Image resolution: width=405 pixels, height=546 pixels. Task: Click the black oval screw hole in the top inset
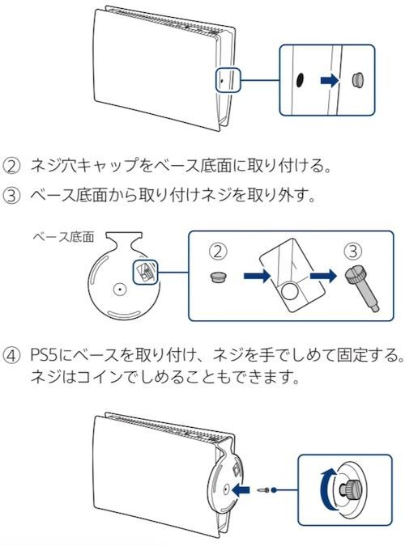coord(300,80)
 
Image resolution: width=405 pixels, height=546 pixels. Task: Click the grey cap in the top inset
coord(358,80)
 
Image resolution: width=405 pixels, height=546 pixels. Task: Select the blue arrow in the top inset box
coord(330,80)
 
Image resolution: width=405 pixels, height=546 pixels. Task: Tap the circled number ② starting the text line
coord(11,166)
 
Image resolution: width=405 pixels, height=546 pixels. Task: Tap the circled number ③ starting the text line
coord(11,196)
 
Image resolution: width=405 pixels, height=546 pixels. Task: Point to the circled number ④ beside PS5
coord(11,356)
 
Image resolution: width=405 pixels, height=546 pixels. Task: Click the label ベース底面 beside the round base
coord(63,238)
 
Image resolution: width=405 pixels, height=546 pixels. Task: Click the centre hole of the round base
coord(120,289)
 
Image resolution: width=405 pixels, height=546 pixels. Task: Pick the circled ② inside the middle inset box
coord(218,251)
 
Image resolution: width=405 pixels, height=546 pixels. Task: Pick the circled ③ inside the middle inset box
coord(352,251)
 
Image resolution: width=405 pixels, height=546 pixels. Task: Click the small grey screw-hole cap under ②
coord(219,277)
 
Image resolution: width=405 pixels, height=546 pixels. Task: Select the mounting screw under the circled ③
coord(361,290)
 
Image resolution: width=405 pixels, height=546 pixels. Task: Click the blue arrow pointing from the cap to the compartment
coord(257,277)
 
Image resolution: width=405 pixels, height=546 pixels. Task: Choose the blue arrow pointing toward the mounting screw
coord(323,276)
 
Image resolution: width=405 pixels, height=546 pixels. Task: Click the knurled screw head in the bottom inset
coord(350,489)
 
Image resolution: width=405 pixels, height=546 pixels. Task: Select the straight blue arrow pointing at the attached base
coord(241,490)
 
